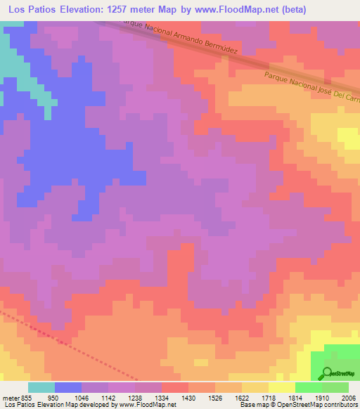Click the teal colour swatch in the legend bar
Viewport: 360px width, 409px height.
point(41,387)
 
